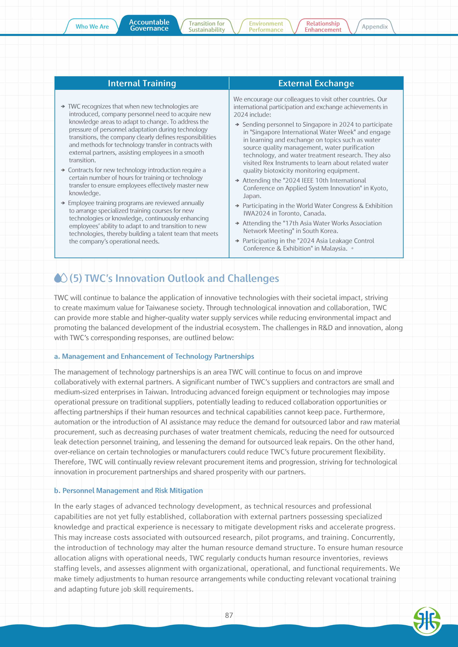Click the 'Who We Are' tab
(x=92, y=27)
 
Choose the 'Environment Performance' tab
(x=266, y=27)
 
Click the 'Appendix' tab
(x=375, y=27)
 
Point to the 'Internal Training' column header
(x=142, y=83)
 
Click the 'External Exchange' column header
(x=316, y=83)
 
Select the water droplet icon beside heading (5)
(x=61, y=278)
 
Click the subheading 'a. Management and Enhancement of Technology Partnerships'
(x=154, y=357)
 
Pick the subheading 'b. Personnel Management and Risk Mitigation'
(x=128, y=491)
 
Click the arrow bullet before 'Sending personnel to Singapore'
(x=237, y=124)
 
